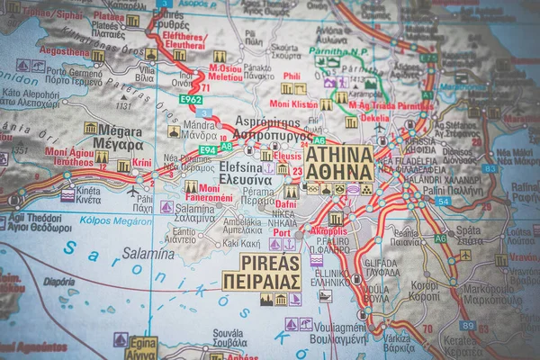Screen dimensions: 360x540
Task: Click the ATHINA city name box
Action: point(338,164)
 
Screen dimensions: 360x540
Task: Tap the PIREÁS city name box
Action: point(261,272)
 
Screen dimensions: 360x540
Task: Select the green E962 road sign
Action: point(190,99)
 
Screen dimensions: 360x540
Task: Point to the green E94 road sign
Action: point(208,149)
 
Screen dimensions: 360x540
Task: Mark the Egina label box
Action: point(140,348)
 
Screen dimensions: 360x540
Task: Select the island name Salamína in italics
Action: point(148,254)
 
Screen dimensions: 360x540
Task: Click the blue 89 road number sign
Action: point(467,326)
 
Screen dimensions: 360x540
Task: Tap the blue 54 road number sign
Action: point(442,202)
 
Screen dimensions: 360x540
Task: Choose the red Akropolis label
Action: point(328,230)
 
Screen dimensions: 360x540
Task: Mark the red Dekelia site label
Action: point(374,118)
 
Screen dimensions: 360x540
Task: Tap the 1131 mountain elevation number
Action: point(122,106)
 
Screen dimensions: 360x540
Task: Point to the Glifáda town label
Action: point(382,266)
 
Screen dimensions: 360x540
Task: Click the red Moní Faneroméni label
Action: point(209,193)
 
